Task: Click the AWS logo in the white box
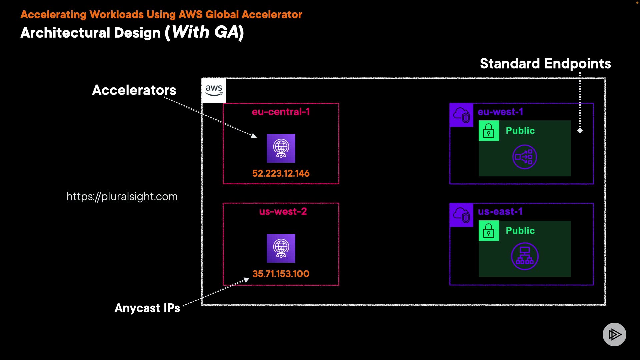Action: (214, 90)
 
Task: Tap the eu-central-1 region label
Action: (281, 112)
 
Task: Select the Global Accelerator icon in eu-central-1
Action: (281, 148)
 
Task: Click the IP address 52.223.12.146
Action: (281, 173)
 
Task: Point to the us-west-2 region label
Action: (283, 211)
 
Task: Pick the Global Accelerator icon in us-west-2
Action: (281, 248)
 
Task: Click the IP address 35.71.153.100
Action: (281, 274)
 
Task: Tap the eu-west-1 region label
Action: (500, 112)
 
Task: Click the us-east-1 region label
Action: (500, 211)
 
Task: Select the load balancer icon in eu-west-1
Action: (524, 157)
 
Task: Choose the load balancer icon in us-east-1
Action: (525, 256)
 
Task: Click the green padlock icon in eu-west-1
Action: (489, 131)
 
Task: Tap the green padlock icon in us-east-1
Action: (489, 231)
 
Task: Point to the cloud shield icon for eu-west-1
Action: (462, 115)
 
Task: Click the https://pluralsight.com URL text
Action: (122, 196)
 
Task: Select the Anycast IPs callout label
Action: (147, 308)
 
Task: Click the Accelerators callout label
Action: (134, 90)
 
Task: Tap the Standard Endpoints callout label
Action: (545, 63)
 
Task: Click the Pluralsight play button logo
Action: (614, 334)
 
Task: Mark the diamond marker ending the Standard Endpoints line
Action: (580, 131)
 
